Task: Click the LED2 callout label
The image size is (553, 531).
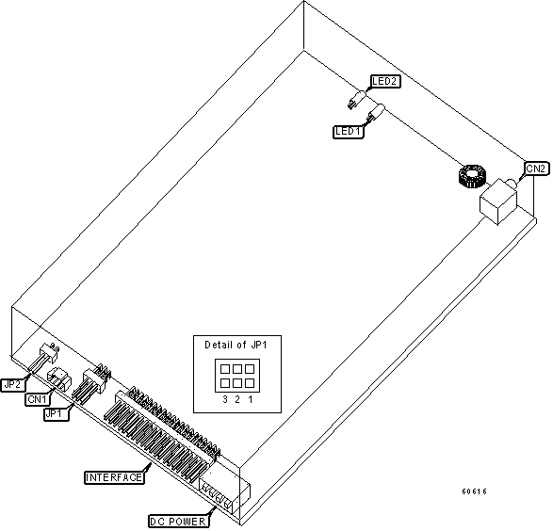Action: tap(385, 81)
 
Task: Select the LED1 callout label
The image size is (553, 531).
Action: tap(348, 132)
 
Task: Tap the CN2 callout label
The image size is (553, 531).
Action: tap(536, 169)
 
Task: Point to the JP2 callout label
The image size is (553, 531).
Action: tap(12, 384)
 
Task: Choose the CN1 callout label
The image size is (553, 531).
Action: tap(38, 399)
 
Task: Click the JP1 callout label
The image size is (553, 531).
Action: tap(57, 413)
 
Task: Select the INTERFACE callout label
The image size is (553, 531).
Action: tap(114, 477)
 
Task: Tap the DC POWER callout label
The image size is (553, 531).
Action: tap(178, 522)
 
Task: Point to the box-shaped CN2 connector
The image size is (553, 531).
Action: tap(498, 201)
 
